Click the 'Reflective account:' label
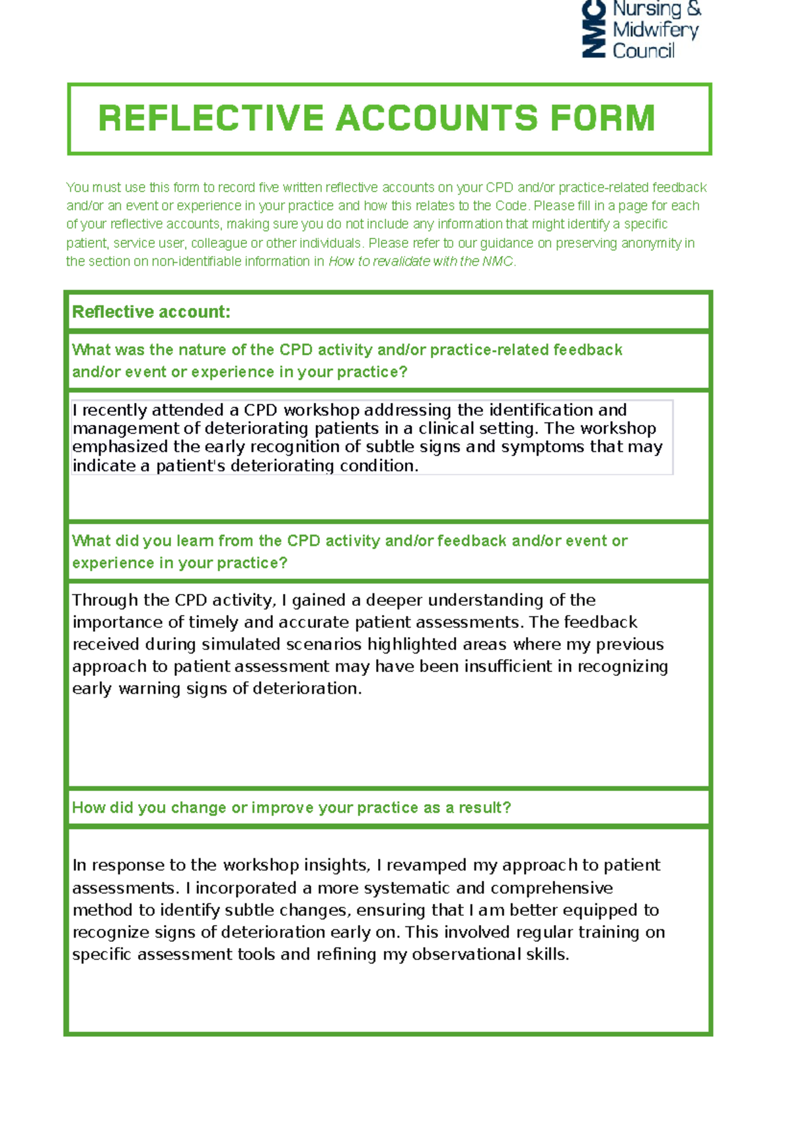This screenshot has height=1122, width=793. pos(151,312)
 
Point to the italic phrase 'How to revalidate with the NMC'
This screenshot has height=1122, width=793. pos(421,262)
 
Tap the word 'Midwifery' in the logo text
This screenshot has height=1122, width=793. pos(655,30)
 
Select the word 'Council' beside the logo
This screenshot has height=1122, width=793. pos(643,51)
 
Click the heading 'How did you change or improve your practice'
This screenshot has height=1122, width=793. pos(291,807)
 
